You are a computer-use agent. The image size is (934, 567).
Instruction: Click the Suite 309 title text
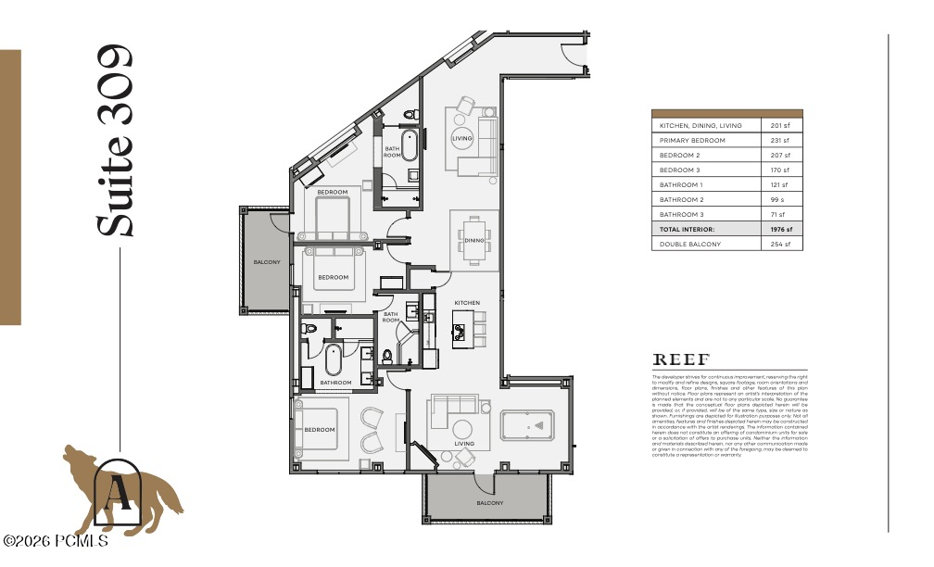[116, 140]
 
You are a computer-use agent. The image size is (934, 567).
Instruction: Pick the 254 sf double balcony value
[782, 244]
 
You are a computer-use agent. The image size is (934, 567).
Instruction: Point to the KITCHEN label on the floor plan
[466, 303]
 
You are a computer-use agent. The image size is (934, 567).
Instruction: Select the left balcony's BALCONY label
[267, 262]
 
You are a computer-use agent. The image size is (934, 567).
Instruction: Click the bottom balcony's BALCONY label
[490, 503]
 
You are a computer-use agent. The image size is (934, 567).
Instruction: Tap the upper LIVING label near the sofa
[461, 139]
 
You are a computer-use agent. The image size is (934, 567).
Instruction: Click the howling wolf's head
[74, 457]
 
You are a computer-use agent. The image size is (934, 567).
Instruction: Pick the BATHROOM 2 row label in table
[682, 199]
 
